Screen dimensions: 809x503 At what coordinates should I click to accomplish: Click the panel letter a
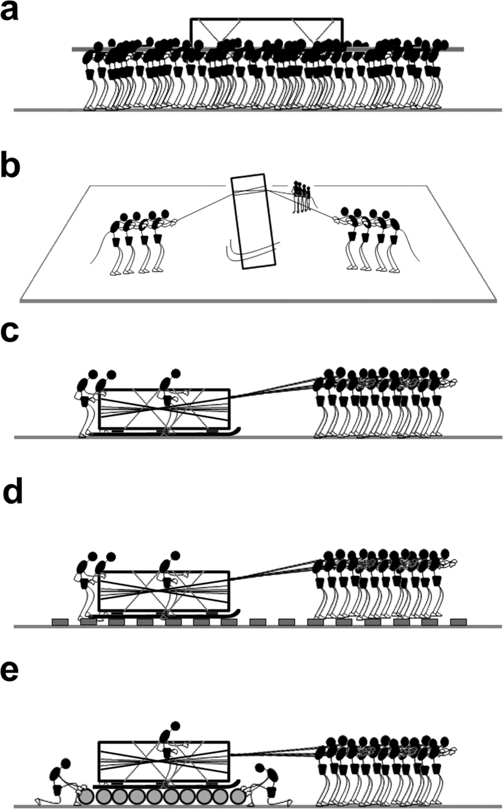(x=10, y=12)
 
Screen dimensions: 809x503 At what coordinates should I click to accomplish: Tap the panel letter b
(x=11, y=168)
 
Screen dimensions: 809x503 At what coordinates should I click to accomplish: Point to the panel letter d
(x=12, y=494)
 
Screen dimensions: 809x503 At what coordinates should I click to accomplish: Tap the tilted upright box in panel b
(x=255, y=222)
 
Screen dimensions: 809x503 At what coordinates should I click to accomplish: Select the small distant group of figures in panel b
(x=302, y=197)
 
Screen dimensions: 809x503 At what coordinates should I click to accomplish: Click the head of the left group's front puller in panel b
(x=165, y=213)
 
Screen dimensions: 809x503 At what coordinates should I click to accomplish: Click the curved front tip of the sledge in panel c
(x=237, y=431)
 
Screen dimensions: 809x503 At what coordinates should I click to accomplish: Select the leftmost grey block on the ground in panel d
(x=60, y=622)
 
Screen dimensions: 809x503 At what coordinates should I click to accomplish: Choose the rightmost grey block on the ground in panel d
(x=458, y=622)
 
